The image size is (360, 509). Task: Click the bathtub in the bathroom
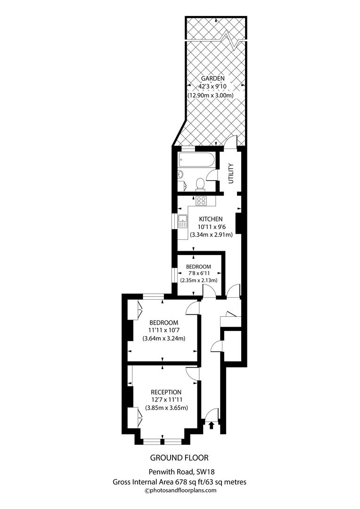[196, 161]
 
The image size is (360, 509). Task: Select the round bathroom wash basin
[180, 174]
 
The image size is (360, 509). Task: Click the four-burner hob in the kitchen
[201, 201]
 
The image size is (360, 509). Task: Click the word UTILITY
[230, 173]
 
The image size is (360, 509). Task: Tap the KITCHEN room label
[211, 219]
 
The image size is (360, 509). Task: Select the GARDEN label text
[213, 78]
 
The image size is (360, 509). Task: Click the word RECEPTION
[166, 392]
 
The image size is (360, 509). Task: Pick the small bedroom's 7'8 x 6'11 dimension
[198, 273]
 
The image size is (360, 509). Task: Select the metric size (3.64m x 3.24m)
[164, 338]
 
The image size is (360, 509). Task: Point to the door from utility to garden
[231, 142]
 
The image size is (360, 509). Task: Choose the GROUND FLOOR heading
[179, 458]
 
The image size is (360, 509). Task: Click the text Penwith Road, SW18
[179, 471]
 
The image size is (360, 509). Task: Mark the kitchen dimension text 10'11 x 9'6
[211, 227]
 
